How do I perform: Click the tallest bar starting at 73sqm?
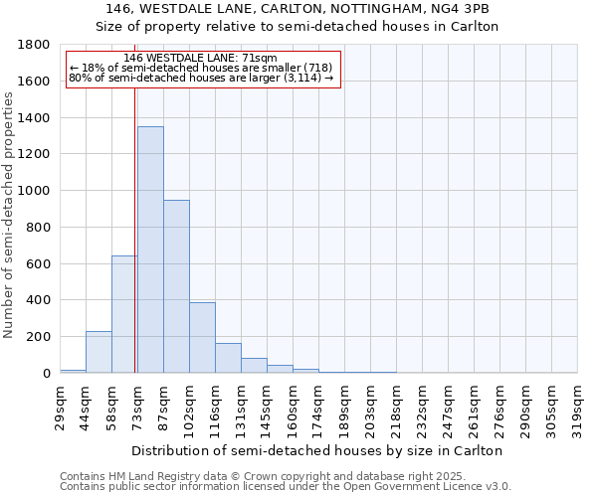pos(150,249)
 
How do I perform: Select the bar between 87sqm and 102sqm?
pos(176,286)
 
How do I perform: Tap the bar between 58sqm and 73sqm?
pos(124,314)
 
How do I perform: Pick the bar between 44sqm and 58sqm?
pos(99,352)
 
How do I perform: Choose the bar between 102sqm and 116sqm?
pos(202,338)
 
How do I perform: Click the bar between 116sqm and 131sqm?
pos(228,358)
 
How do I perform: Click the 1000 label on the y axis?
pos(35,191)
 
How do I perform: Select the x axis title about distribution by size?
pos(317,450)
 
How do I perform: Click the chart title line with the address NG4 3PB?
pos(297,9)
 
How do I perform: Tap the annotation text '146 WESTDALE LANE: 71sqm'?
pos(202,58)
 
